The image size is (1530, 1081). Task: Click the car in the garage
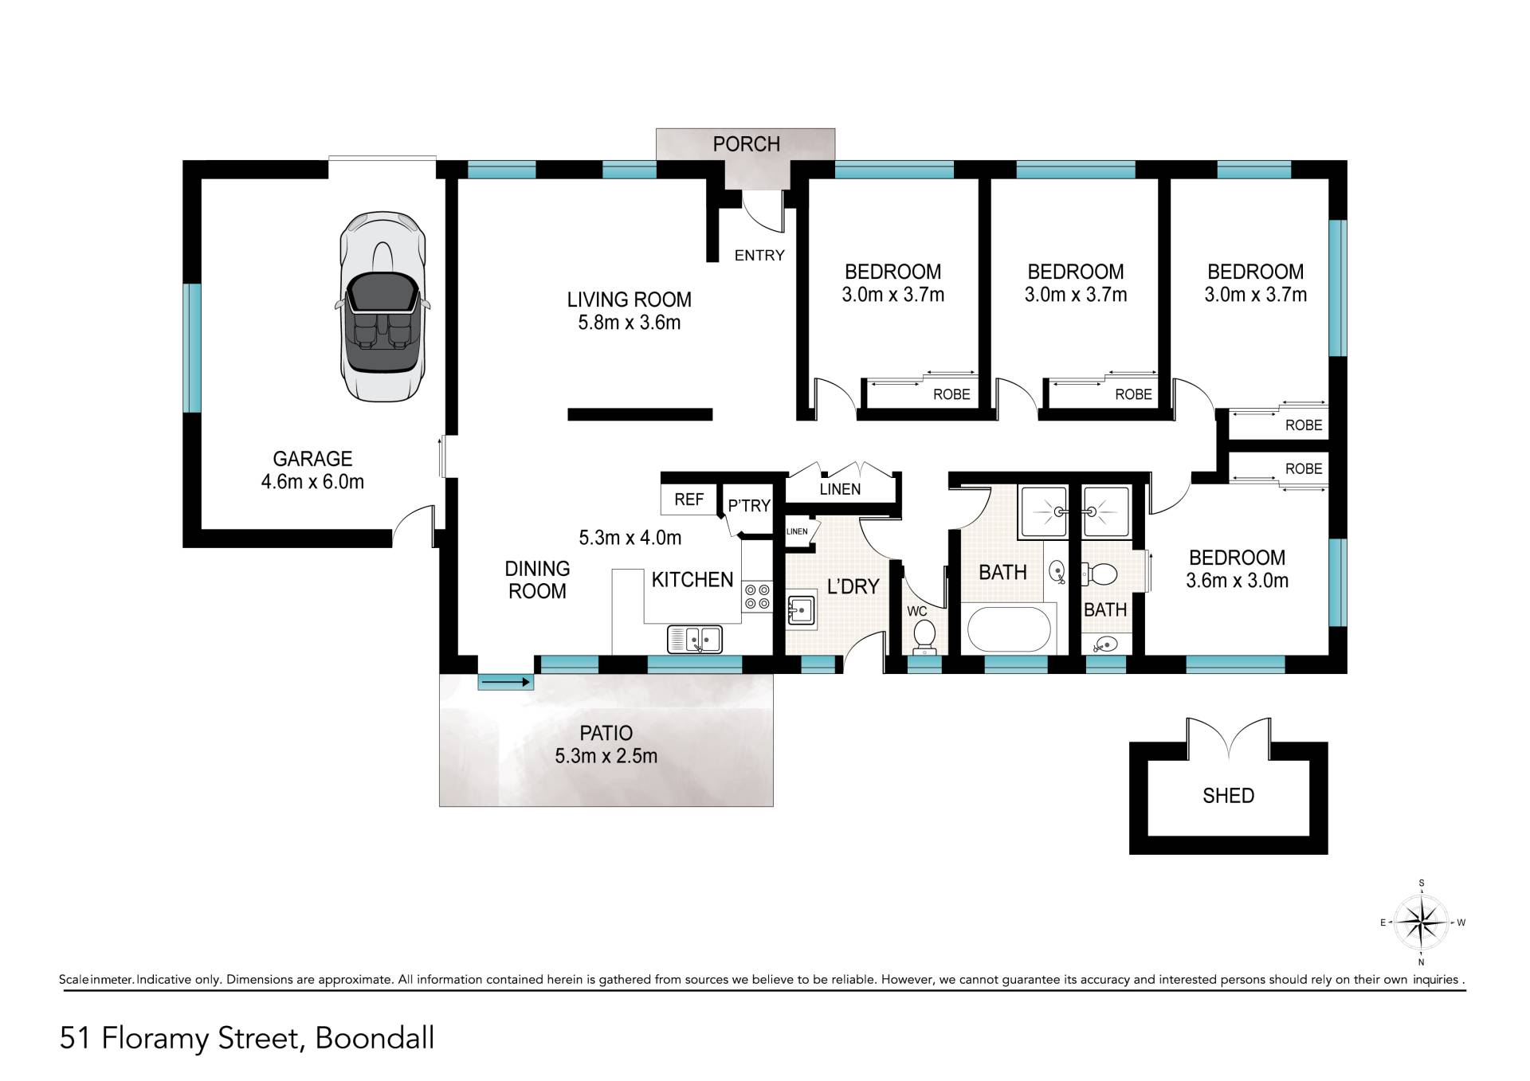click(382, 307)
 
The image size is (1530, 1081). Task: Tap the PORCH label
click(746, 144)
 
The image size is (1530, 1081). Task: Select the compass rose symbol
click(1422, 922)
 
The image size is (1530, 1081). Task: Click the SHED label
click(1228, 796)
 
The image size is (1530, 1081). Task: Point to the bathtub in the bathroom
click(1009, 629)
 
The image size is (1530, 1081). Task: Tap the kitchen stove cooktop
click(757, 597)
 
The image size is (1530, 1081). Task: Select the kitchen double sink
click(695, 640)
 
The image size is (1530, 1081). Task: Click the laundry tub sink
click(801, 610)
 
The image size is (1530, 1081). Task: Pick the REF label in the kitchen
click(688, 499)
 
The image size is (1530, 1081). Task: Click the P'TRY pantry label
click(749, 506)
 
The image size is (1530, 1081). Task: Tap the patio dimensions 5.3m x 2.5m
click(606, 756)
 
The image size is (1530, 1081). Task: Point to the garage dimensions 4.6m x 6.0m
click(312, 482)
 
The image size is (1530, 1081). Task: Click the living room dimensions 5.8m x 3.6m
click(630, 323)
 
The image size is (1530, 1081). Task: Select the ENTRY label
click(759, 256)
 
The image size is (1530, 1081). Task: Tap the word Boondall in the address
click(375, 1039)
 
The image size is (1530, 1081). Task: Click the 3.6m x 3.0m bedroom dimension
click(1237, 581)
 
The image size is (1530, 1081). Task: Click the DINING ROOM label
click(537, 580)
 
